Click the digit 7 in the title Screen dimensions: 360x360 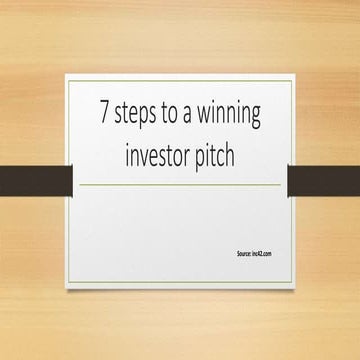[103, 112]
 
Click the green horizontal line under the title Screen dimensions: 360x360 [180, 185]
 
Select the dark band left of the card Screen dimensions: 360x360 [35, 180]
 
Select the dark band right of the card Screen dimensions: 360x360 [323, 180]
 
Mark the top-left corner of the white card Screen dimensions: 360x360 [67, 75]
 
